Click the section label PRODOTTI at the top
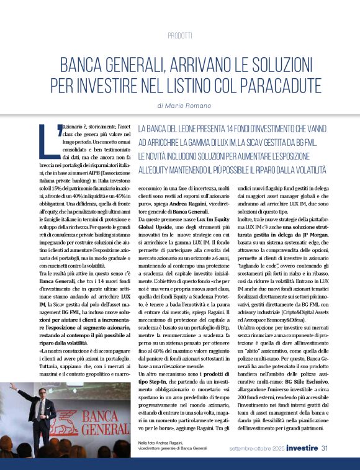tap(179, 35)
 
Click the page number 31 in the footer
tap(324, 448)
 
